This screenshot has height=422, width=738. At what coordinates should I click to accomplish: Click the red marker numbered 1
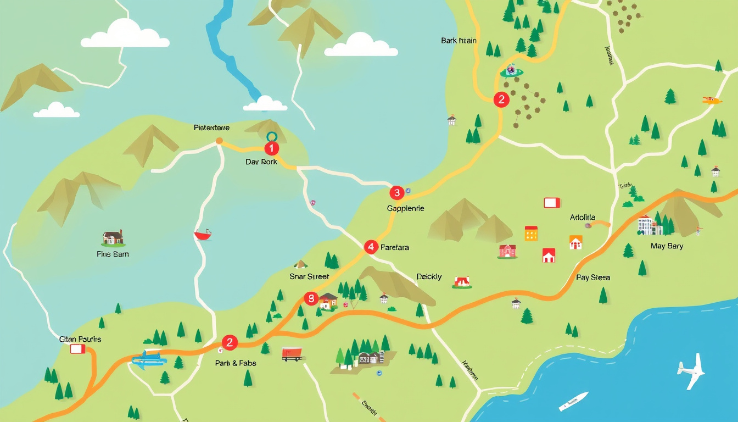271,148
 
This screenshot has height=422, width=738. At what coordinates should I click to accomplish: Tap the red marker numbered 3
396,193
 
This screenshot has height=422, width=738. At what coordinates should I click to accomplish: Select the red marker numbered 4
371,247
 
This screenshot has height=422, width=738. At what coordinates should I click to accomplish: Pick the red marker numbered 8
311,299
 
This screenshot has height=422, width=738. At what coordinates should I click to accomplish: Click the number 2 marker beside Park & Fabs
229,343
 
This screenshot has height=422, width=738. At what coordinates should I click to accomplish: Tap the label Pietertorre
212,127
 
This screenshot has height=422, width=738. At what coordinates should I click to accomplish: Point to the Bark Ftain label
459,41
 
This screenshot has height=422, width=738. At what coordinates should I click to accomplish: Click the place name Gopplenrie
405,209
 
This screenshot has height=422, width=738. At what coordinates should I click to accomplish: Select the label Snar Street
309,276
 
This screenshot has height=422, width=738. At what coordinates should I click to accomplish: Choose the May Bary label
667,246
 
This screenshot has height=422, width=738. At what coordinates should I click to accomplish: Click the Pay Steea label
593,277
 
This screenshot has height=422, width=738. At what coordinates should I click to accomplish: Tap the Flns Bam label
113,254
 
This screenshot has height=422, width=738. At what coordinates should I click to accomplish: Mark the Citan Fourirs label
80,339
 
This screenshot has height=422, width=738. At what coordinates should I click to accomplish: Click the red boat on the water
203,235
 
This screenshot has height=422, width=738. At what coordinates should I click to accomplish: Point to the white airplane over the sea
691,371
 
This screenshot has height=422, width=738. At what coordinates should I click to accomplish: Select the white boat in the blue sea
573,401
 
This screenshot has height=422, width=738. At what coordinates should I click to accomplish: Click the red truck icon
292,354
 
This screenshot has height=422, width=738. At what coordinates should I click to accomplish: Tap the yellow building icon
531,233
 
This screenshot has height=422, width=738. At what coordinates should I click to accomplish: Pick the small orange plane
712,100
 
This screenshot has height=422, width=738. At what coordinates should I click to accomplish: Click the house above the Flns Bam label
113,238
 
